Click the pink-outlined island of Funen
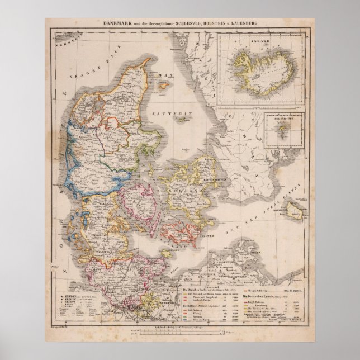(x=134, y=204)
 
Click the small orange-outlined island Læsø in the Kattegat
(x=158, y=90)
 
